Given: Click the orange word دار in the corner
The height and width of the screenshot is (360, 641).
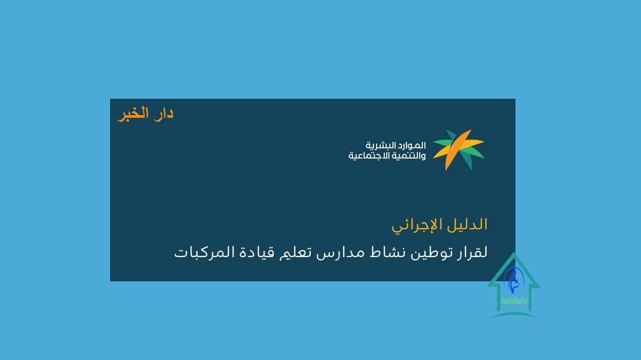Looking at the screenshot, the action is click(x=164, y=113).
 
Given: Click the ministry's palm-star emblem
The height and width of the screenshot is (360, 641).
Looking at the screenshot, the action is click(x=458, y=150).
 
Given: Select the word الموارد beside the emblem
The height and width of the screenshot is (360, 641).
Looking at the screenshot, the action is click(x=410, y=146).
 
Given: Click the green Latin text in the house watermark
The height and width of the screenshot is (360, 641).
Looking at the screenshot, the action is click(x=514, y=301).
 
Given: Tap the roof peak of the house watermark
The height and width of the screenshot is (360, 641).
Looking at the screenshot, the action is click(x=514, y=253).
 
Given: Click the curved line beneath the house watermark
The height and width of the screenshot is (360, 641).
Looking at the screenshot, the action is click(x=513, y=314).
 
